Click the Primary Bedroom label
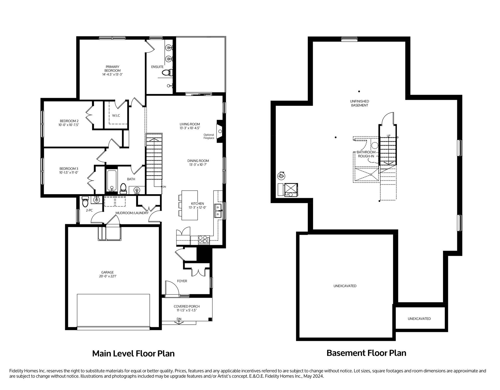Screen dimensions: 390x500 point(113,69)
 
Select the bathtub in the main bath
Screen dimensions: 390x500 point(112,180)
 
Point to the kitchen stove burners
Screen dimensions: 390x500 point(204,239)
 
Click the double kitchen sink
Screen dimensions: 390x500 point(218,211)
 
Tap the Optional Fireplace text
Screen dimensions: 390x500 point(209,136)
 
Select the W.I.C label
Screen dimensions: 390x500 point(116,115)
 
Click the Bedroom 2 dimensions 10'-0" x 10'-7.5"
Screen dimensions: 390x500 point(69,125)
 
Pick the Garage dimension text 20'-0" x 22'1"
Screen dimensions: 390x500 point(108,276)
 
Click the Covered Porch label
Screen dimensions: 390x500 point(187,306)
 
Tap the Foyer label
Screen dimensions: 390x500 point(182,281)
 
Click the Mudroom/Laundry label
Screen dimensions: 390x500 point(132,213)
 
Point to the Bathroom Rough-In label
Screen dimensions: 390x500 point(366,154)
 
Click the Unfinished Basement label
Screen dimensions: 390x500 point(360,103)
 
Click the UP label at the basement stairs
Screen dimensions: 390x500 point(389,135)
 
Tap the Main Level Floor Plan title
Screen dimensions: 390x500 point(133,354)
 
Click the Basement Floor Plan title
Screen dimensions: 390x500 point(366,353)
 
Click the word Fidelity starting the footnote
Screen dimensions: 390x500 point(16,371)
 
